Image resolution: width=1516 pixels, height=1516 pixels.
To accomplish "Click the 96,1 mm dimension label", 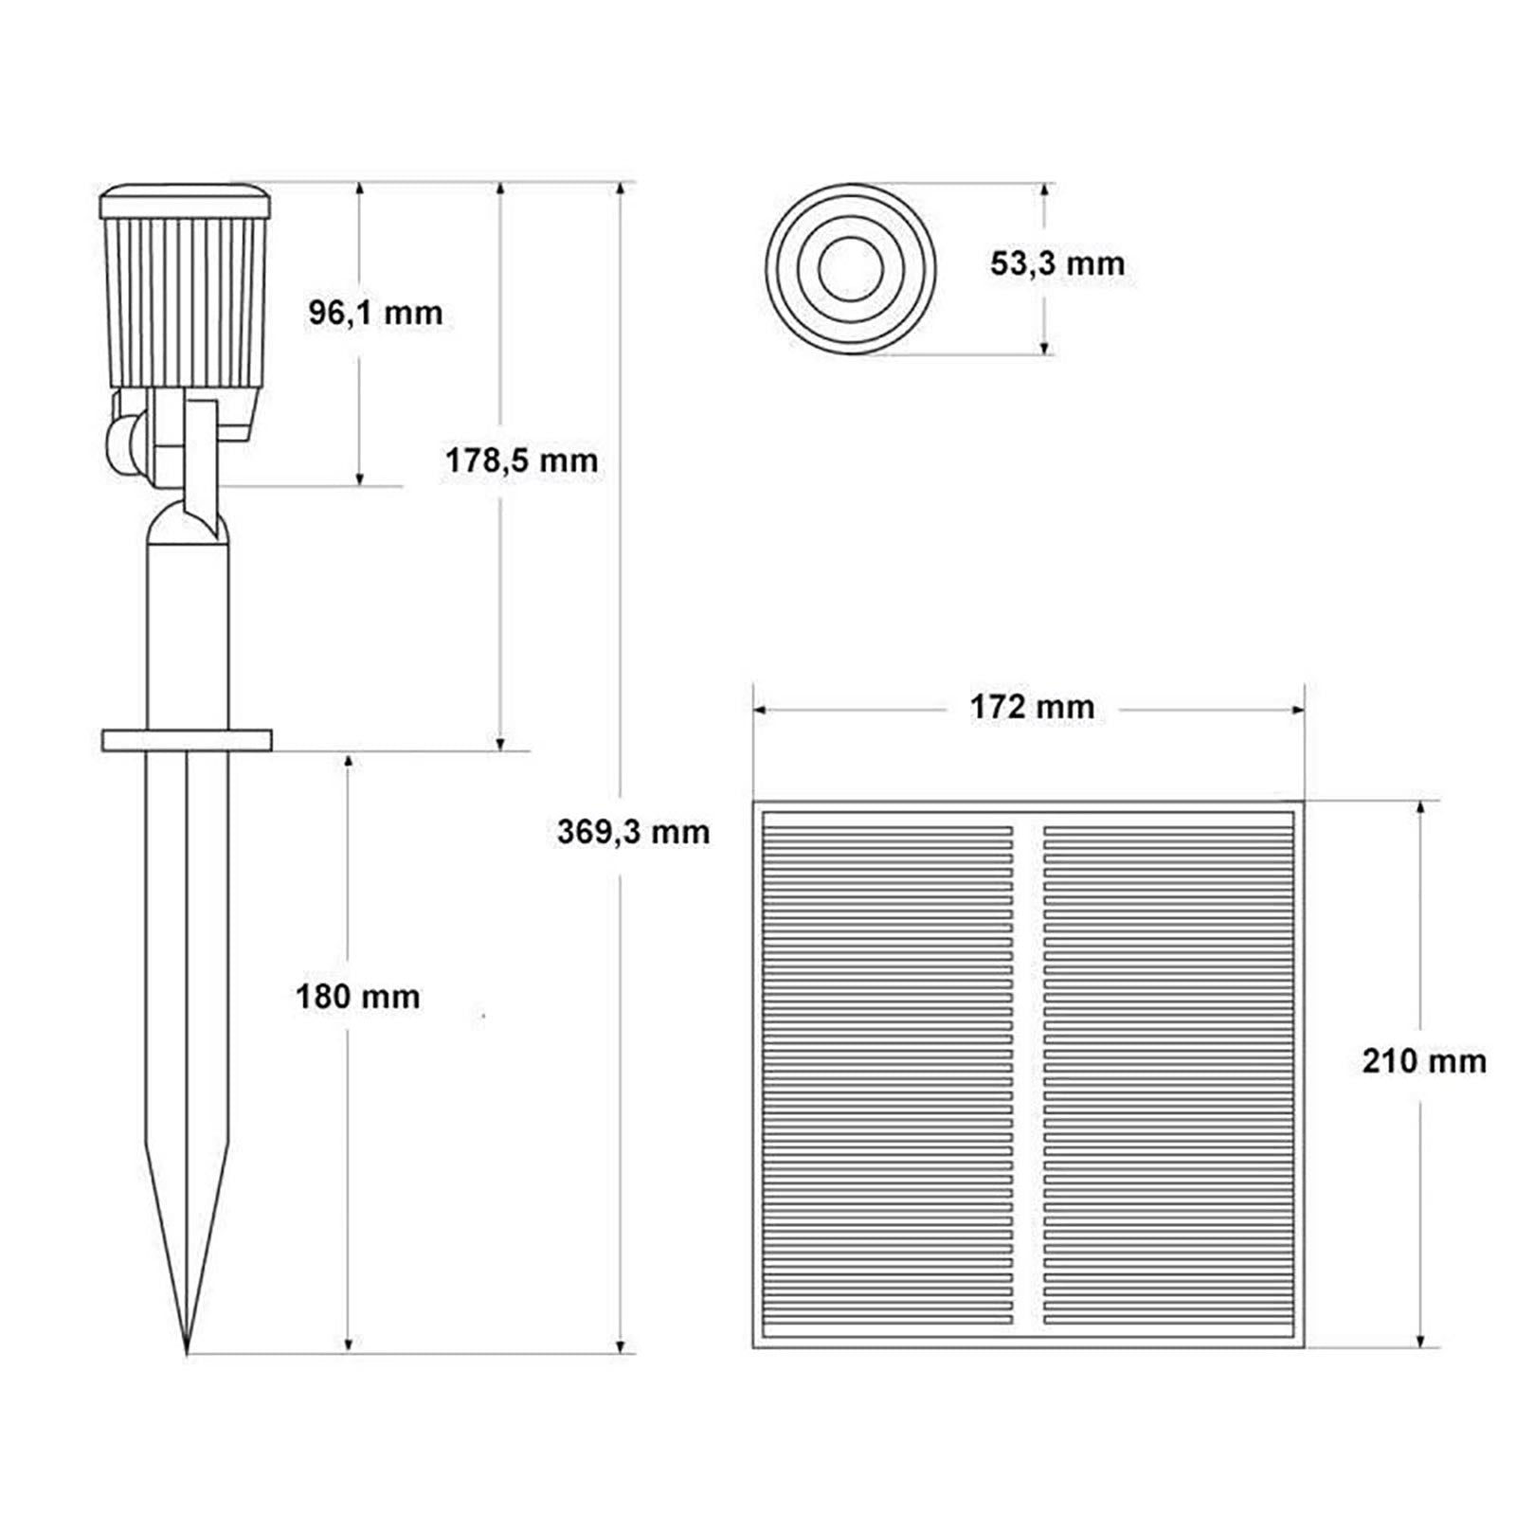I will pos(375,313).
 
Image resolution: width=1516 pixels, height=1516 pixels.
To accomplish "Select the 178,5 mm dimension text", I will pos(521,461).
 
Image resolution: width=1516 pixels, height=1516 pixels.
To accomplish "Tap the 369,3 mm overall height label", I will pos(633,832).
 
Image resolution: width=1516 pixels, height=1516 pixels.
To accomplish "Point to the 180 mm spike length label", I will pos(357,997).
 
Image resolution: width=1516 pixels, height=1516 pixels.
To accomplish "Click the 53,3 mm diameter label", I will pos(1057,263).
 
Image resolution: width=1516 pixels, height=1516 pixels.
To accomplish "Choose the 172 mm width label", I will pos(1032,707).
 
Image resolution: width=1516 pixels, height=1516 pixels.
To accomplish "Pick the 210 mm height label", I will pos(1423,1061).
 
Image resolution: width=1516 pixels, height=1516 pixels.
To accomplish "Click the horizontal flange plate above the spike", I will pos(187,740).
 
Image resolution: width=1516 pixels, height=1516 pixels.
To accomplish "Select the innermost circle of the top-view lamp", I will pos(851,269).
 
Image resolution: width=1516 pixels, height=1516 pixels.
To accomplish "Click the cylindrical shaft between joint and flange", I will pos(188,635).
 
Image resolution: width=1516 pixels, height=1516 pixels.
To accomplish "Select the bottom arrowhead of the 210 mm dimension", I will pos(1419,1341).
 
